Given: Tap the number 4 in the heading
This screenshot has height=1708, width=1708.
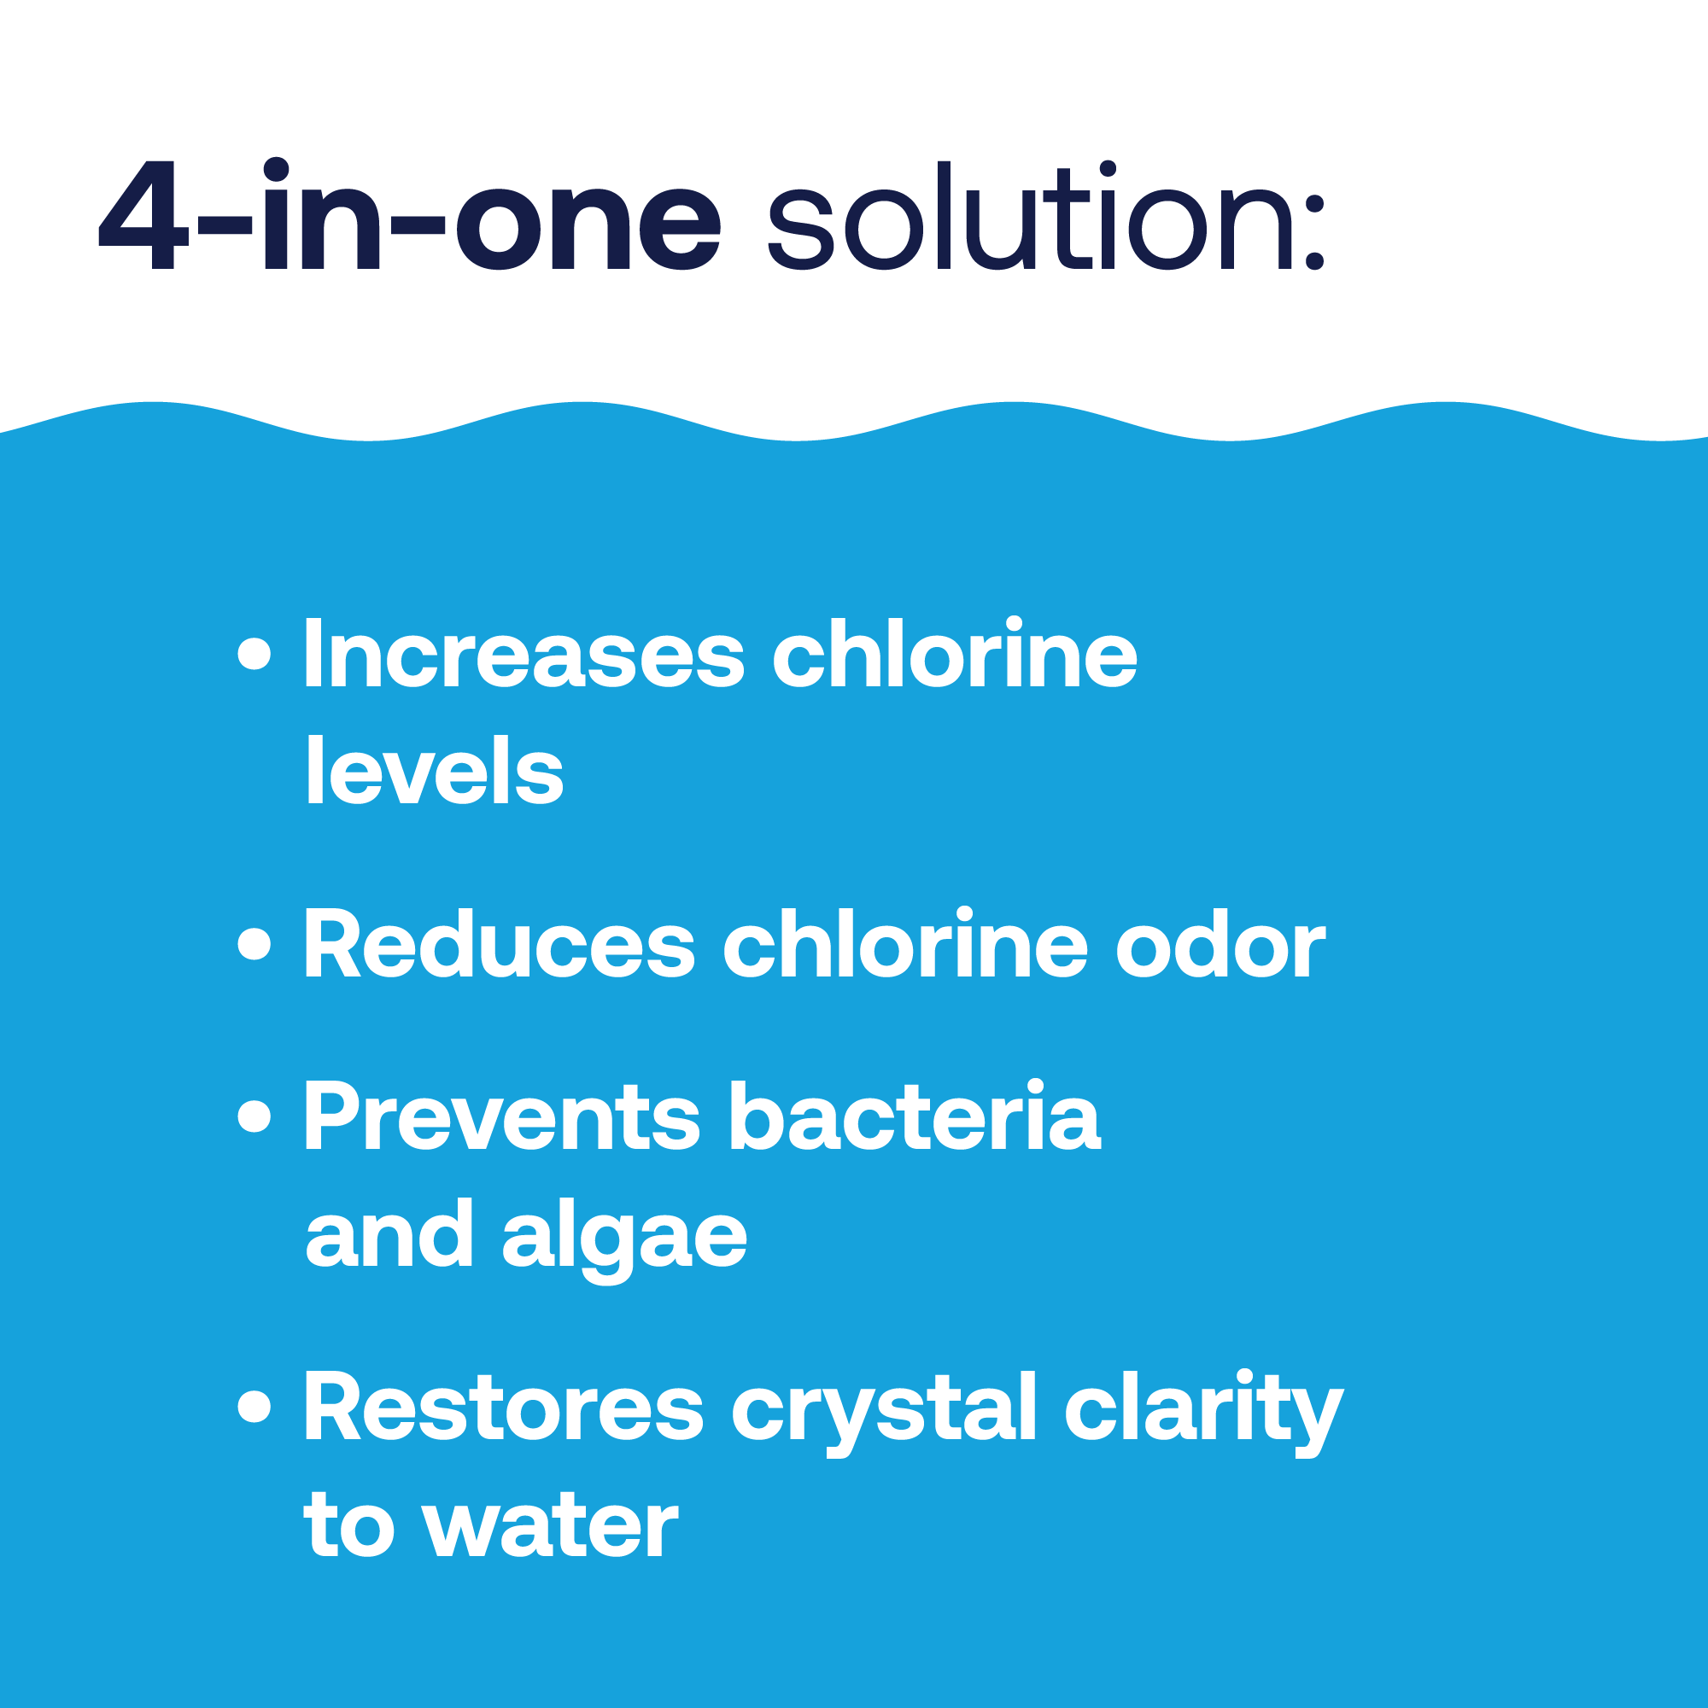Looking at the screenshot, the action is (143, 216).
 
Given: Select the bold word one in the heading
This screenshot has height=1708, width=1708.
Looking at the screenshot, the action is (588, 226).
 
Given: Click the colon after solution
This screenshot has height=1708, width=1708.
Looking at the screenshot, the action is (1315, 232).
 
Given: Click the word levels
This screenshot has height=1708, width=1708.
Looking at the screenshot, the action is (435, 770).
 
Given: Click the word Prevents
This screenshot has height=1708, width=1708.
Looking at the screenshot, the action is (502, 1116).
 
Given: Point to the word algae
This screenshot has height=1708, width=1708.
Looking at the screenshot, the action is (624, 1239).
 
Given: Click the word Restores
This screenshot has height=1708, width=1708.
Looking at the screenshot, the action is (504, 1407).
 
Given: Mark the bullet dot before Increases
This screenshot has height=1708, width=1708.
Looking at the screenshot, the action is (254, 655).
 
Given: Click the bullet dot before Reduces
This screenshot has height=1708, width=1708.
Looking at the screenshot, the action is (254, 943).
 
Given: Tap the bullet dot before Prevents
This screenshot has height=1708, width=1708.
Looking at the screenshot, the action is (254, 1116).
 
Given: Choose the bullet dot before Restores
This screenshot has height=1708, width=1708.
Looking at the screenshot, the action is (254, 1407).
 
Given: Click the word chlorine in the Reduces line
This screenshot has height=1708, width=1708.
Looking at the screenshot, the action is (906, 942).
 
